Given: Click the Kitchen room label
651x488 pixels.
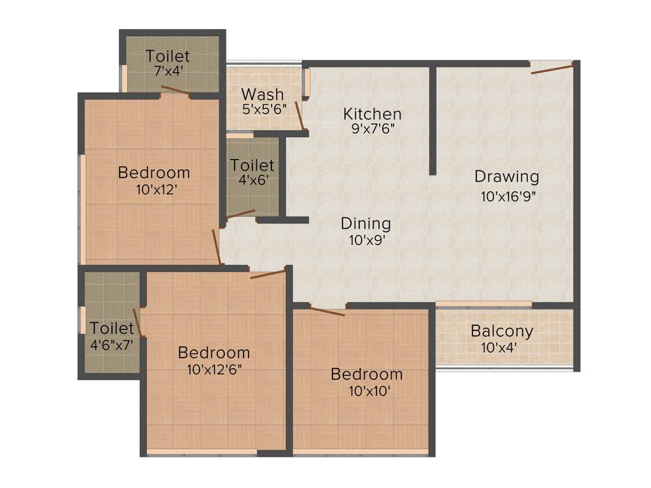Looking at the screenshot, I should pos(372,114).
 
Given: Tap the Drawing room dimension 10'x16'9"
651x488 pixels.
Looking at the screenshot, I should pos(509,196).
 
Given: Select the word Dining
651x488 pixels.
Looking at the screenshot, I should pos(366,224).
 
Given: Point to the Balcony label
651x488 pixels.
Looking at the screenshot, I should pos(502,331).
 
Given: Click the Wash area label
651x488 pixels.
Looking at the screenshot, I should pos(263,95).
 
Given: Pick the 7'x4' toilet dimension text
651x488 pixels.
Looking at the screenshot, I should pos(168,71).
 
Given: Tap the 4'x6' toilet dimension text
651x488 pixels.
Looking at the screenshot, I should pos(252,180).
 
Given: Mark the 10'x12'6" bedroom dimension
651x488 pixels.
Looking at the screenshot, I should pos(214,369).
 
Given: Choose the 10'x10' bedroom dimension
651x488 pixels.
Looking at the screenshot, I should pos(366,390).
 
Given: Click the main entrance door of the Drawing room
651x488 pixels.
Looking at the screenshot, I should pos(552,68).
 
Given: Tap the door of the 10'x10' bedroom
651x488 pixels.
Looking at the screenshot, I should pos(327,311).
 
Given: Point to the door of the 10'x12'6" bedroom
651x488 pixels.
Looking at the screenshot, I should pos(268,274).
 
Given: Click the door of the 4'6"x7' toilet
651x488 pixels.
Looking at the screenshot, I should pos(137,322).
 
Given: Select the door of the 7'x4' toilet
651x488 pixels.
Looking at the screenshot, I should pos(175,90).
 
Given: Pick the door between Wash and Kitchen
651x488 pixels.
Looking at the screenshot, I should pos(299,114).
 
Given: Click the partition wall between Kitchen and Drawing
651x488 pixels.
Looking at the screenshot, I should pos(432,121).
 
